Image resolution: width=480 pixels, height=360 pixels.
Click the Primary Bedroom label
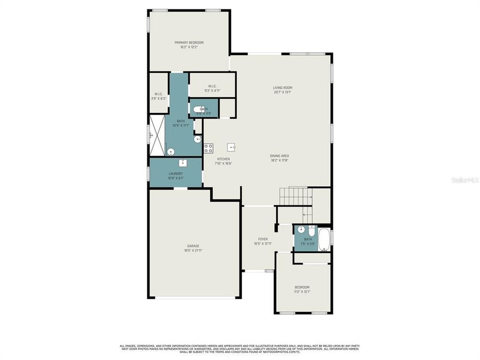point(189,42)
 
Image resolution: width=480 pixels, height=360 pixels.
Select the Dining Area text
point(280,156)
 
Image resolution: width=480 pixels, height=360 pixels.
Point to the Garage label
point(193,246)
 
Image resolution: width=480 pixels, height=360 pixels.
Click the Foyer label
point(263,239)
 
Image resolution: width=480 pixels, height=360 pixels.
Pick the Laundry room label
point(175,173)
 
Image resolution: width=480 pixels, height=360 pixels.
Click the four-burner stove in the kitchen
point(208,148)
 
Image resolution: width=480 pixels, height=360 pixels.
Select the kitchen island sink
point(232,147)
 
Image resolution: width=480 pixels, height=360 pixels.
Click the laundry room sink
point(183,162)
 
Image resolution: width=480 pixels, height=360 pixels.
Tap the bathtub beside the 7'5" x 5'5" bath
point(323,239)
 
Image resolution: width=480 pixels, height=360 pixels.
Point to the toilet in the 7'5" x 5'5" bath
point(311,231)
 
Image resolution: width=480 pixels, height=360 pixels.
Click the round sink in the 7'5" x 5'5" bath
point(300,230)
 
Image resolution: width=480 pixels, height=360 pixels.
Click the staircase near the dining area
point(295,195)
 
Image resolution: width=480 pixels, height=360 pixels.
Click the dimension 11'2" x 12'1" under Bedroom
point(302,292)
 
